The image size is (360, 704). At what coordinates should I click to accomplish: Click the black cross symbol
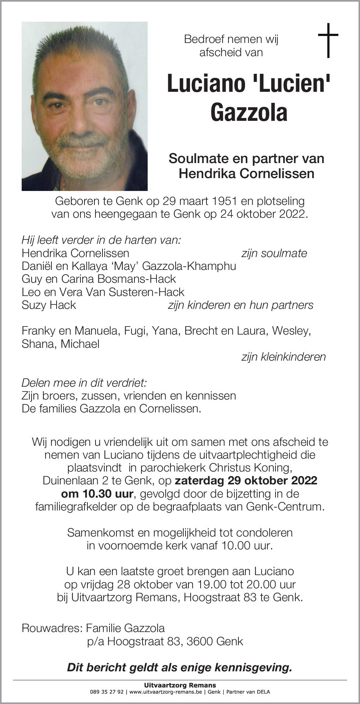[x=328, y=40]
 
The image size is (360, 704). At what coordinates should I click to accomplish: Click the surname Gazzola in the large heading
[x=249, y=112]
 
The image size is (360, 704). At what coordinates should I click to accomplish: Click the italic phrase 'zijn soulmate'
[x=274, y=253]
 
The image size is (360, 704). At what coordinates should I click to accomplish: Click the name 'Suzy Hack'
[x=49, y=305]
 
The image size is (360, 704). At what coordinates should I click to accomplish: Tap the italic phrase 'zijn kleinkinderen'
[x=283, y=357]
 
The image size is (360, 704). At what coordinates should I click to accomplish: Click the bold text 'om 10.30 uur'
[x=97, y=494]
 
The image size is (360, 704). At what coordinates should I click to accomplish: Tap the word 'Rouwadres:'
[x=52, y=628]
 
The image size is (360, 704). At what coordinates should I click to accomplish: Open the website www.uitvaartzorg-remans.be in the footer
[x=166, y=692]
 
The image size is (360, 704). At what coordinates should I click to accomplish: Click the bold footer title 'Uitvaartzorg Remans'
[x=180, y=685]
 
